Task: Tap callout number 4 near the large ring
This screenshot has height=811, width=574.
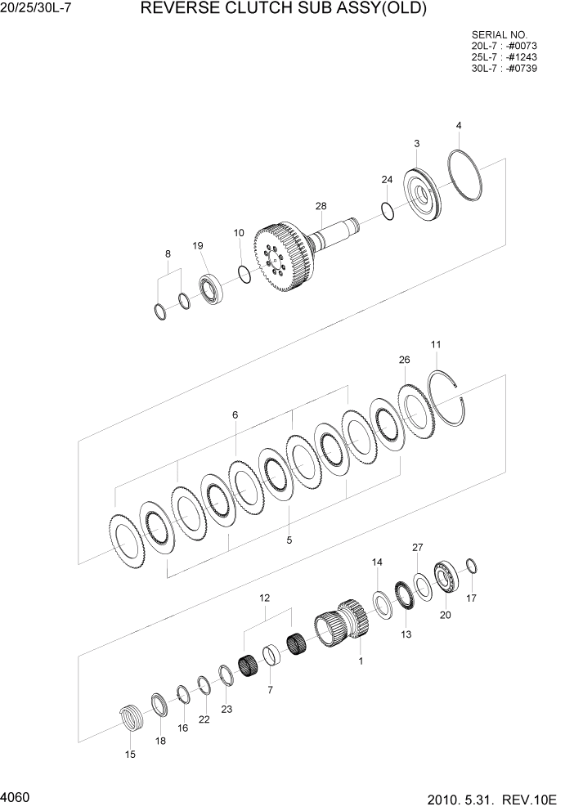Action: coord(459,126)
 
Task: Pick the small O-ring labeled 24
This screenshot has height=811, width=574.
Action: coord(388,211)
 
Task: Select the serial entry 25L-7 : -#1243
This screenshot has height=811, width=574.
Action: coord(504,57)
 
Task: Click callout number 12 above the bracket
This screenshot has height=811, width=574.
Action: coord(265,599)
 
